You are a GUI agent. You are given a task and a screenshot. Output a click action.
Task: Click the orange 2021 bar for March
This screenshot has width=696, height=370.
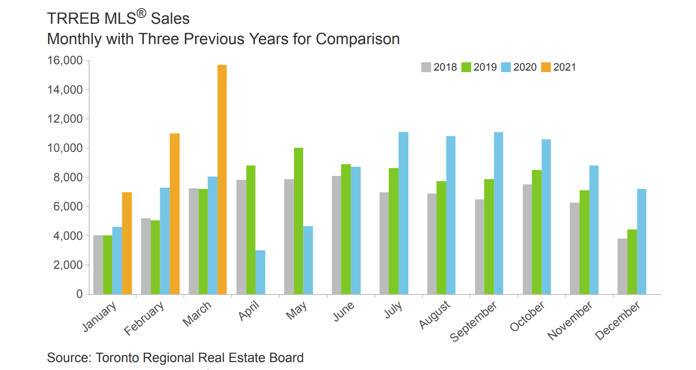pyautogui.click(x=222, y=179)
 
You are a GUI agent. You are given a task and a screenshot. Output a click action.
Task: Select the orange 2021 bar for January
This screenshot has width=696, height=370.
pyautogui.click(x=127, y=243)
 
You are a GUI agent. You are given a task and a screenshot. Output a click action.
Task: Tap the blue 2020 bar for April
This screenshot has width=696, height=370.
pyautogui.click(x=260, y=272)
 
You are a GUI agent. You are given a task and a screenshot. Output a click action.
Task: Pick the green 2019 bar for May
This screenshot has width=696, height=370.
pyautogui.click(x=299, y=221)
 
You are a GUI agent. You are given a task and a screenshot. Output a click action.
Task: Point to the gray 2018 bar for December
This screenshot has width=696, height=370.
pyautogui.click(x=622, y=266)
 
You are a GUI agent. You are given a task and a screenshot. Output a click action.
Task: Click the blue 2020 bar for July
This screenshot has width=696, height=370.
pyautogui.click(x=404, y=213)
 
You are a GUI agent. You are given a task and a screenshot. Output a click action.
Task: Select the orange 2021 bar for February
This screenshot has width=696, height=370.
pyautogui.click(x=175, y=214)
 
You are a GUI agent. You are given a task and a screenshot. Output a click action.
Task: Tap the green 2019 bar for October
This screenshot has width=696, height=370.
pyautogui.click(x=537, y=232)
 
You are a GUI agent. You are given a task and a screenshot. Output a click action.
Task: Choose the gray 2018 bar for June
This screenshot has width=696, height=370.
pyautogui.click(x=336, y=235)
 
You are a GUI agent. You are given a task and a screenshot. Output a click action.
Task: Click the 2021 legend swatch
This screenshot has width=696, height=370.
pyautogui.click(x=546, y=67)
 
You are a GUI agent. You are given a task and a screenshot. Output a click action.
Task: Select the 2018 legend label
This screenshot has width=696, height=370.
pyautogui.click(x=445, y=67)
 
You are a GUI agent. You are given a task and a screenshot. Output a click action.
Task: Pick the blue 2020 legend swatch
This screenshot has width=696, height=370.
pyautogui.click(x=506, y=67)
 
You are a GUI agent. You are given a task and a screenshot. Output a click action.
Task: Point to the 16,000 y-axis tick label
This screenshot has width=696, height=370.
pyautogui.click(x=65, y=60)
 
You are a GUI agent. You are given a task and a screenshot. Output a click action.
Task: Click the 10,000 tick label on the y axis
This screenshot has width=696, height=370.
pyautogui.click(x=65, y=148)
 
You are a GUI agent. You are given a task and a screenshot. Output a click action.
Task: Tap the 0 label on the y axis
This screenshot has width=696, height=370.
pyautogui.click(x=79, y=294)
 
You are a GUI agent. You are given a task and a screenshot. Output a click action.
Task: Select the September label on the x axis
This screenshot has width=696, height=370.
pyautogui.click(x=473, y=321)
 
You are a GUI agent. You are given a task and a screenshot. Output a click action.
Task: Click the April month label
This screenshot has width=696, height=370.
pyautogui.click(x=249, y=310)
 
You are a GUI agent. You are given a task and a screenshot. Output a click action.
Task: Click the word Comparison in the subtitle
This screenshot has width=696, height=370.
pyautogui.click(x=357, y=39)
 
